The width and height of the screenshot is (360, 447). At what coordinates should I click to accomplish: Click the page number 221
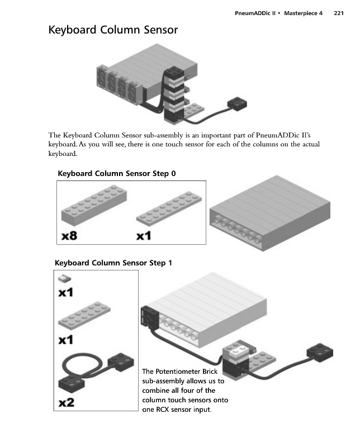pyautogui.click(x=339, y=13)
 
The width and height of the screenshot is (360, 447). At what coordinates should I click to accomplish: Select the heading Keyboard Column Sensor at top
pyautogui.click(x=113, y=30)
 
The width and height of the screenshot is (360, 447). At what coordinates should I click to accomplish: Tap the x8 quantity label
pyautogui.click(x=69, y=235)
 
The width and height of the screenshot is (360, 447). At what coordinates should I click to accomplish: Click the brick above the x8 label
pyautogui.click(x=94, y=205)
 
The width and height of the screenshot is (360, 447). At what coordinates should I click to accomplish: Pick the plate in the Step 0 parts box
pyautogui.click(x=169, y=208)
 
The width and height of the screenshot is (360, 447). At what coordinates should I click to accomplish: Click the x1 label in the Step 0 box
pyautogui.click(x=144, y=235)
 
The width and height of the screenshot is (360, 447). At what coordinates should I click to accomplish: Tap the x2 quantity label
pyautogui.click(x=67, y=402)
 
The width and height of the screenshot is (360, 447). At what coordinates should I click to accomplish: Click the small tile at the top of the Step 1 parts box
pyautogui.click(x=64, y=278)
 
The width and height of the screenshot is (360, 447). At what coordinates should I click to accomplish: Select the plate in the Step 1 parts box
pyautogui.click(x=84, y=316)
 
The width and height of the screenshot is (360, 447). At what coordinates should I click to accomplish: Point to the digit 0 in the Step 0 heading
pyautogui.click(x=173, y=173)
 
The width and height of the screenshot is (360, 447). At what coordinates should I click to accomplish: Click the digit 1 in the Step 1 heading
pyautogui.click(x=170, y=263)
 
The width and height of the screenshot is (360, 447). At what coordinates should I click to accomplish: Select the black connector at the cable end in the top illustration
pyautogui.click(x=237, y=104)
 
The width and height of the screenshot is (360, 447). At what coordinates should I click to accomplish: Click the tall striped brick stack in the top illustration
pyautogui.click(x=174, y=94)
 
